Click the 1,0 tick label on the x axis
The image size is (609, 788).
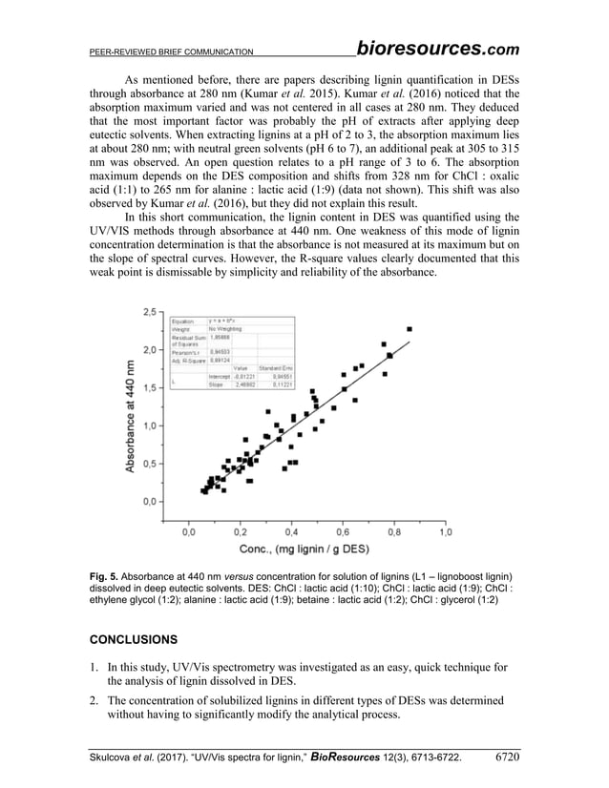point(445,532)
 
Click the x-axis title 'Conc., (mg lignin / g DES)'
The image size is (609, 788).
point(314,550)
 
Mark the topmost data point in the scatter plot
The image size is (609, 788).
point(409,329)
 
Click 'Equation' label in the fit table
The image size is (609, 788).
point(182,321)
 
